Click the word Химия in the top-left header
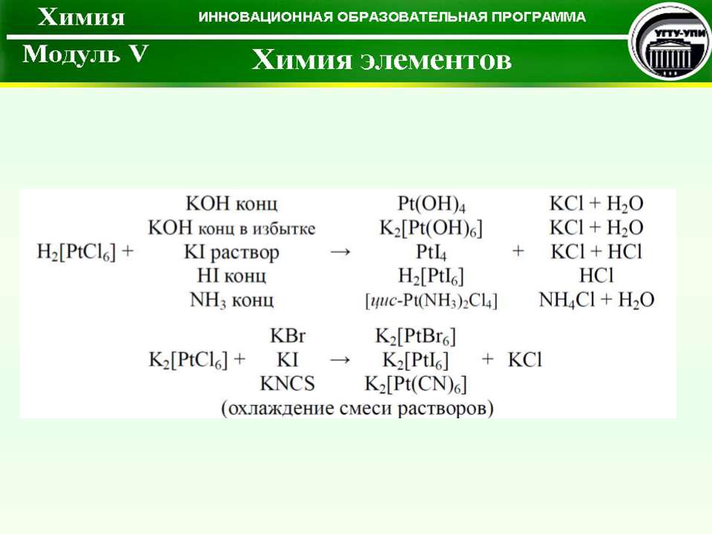[82, 17]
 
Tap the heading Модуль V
[85, 54]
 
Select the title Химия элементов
[381, 60]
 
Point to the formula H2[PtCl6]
[76, 252]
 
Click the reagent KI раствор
[231, 252]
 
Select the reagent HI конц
[231, 276]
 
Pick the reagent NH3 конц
[231, 300]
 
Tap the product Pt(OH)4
[432, 204]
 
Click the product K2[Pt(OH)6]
[431, 228]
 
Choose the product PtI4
[431, 252]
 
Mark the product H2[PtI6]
[431, 276]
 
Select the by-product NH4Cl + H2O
[596, 300]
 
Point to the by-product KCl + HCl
[596, 251]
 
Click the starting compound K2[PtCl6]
[188, 360]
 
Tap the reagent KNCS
[288, 383]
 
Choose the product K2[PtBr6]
[415, 337]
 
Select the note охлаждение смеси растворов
[357, 408]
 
